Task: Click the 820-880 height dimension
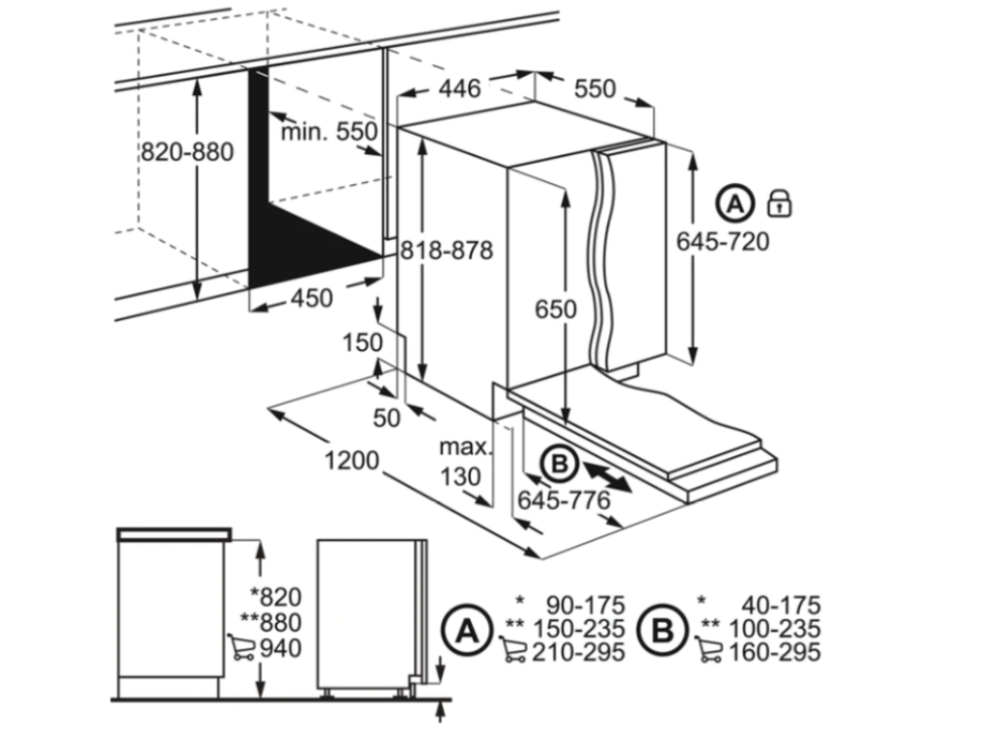(187, 152)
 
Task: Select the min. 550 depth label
(330, 131)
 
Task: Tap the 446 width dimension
(459, 88)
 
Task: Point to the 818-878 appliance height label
(447, 250)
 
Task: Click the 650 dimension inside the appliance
(555, 310)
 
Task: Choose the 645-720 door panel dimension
(723, 241)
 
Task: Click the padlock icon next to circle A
(779, 203)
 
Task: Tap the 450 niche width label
(312, 298)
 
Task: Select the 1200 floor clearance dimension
(352, 461)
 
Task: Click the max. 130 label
(465, 462)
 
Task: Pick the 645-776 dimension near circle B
(564, 500)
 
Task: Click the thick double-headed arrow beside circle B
(606, 475)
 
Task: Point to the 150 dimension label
(362, 342)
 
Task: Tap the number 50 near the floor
(386, 418)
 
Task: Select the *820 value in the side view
(275, 597)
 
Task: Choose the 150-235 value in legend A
(578, 629)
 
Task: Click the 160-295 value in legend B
(774, 652)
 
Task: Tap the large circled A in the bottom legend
(467, 631)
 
